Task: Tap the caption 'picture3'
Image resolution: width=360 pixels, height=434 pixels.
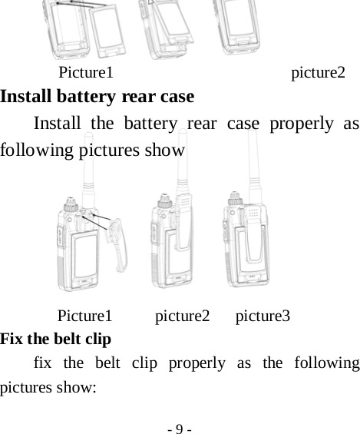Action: (x=262, y=316)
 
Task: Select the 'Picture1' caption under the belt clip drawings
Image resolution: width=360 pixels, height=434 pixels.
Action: (x=85, y=316)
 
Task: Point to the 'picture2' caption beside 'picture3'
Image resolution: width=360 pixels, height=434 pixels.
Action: (x=182, y=316)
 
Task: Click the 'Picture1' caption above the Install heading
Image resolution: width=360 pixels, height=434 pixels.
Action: (x=86, y=73)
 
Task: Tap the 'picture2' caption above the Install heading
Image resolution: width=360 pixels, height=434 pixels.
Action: (x=318, y=73)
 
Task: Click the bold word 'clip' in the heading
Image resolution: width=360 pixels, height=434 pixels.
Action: (x=98, y=339)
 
